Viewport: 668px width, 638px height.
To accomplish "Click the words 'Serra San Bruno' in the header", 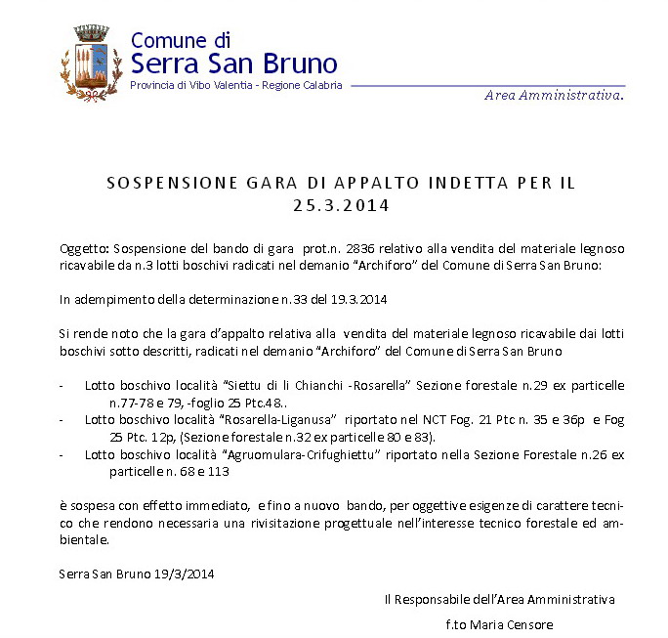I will coord(233,64).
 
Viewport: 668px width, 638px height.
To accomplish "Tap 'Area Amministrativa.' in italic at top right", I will coord(554,95).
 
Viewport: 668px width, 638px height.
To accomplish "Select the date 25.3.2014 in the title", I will coord(341,205).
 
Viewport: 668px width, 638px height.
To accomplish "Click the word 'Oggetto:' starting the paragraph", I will coord(83,250).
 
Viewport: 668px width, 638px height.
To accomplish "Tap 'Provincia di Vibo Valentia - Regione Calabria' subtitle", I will coord(236,86).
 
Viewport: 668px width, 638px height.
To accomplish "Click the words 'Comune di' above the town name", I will coord(180,40).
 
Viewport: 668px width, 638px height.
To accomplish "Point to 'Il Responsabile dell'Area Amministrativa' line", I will coord(499,598).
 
